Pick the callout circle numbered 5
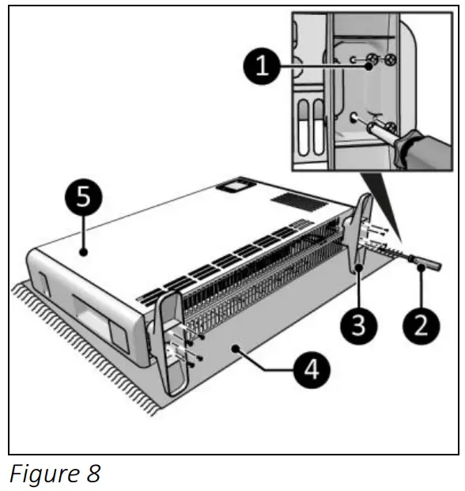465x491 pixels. coord(82,198)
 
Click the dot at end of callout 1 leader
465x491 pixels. coord(369,66)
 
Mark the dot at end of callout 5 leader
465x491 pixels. coord(82,252)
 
